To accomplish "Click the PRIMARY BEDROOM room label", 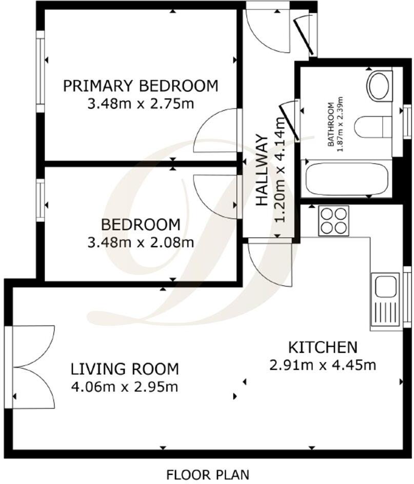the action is click(x=141, y=86).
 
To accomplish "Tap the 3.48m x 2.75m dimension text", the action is click(x=141, y=104).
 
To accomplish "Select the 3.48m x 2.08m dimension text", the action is click(x=141, y=243).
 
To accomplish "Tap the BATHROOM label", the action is click(x=331, y=125).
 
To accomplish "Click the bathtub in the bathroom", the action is click(x=346, y=179).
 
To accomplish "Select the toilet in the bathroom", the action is click(x=373, y=127).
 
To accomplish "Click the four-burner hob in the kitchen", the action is click(x=333, y=221).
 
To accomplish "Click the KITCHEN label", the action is click(x=323, y=347).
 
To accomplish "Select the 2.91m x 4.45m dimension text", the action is click(x=323, y=366).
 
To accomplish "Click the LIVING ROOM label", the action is click(x=125, y=369).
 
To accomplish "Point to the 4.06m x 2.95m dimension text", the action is click(x=125, y=387).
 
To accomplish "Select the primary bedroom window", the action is click(x=41, y=71).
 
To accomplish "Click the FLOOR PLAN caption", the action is click(x=208, y=474).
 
